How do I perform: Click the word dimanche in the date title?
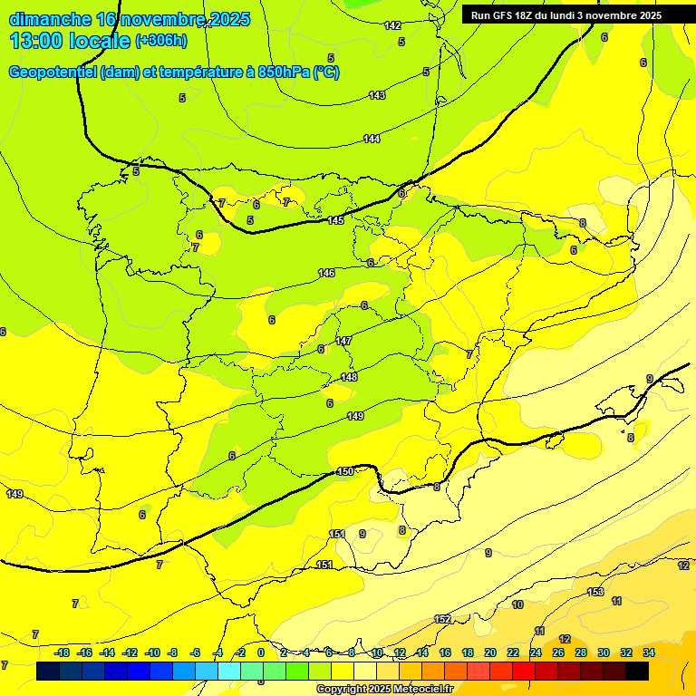click(49, 19)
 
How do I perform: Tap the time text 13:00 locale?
click(70, 41)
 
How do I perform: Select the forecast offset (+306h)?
click(161, 41)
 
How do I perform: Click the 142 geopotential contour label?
click(392, 25)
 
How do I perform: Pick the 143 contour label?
click(377, 95)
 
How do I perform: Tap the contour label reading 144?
click(372, 139)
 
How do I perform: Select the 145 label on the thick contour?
click(335, 220)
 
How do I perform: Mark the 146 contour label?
click(326, 273)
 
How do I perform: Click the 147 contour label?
click(343, 341)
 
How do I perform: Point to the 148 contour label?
click(349, 377)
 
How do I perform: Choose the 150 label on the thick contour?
click(344, 471)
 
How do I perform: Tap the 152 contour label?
click(442, 619)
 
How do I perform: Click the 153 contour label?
click(595, 592)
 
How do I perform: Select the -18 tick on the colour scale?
click(62, 652)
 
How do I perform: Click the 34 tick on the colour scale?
click(649, 652)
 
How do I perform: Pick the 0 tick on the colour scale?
click(261, 652)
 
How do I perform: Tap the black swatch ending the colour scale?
click(637, 671)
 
